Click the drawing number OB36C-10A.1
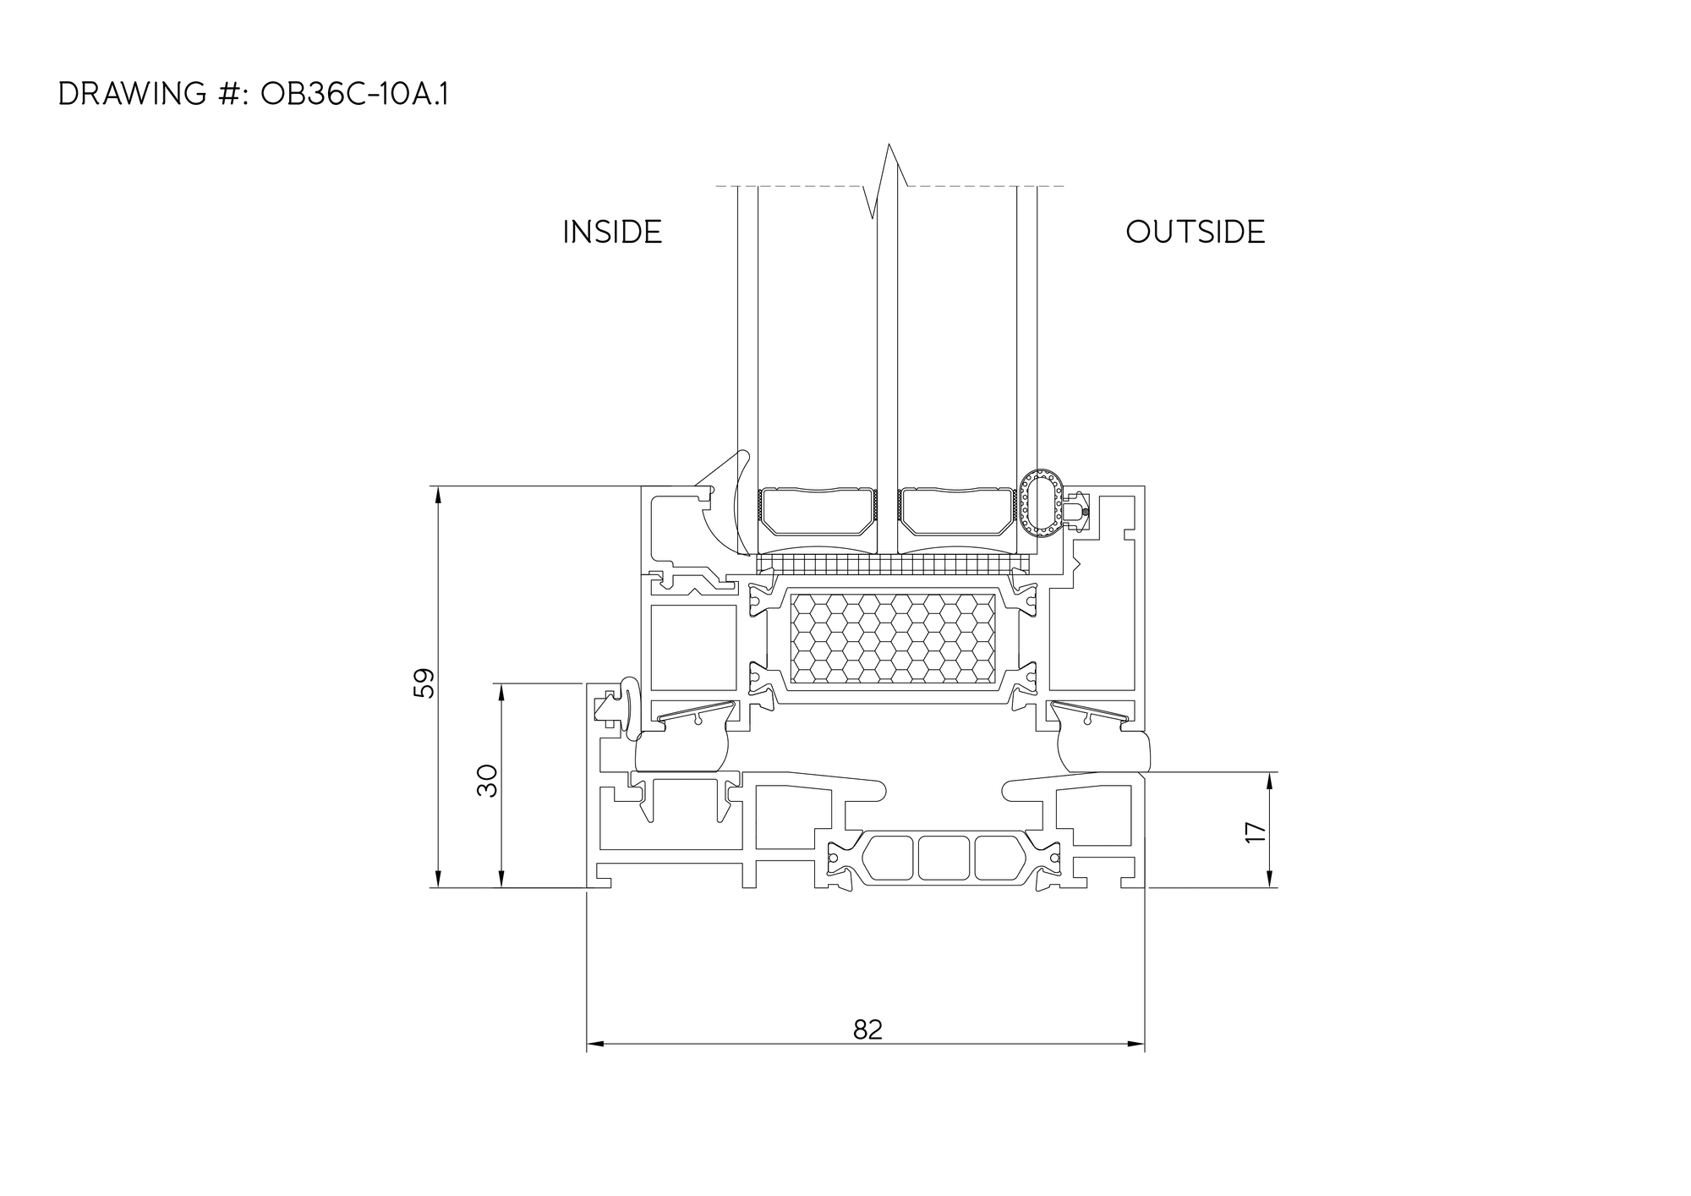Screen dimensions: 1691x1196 click(354, 95)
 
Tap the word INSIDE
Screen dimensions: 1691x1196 click(612, 232)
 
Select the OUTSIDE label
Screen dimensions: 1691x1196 click(1195, 232)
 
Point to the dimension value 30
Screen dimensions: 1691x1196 click(488, 781)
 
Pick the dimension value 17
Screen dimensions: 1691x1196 click(1256, 832)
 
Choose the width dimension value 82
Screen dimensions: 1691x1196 click(868, 1029)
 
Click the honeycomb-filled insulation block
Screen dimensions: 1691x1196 click(892, 638)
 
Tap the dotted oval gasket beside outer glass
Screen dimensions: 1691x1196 click(1039, 503)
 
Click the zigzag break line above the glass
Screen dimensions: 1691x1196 click(888, 181)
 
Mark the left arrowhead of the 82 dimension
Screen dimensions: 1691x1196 click(594, 1045)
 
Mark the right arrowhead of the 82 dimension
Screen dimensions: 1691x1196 click(1136, 1045)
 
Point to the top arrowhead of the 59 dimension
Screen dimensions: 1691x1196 click(438, 495)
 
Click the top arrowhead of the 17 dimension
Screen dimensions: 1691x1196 click(1270, 781)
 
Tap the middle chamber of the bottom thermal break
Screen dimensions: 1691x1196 click(944, 858)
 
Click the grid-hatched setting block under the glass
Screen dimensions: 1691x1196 click(893, 564)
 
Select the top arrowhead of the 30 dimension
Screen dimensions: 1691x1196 click(501, 692)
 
